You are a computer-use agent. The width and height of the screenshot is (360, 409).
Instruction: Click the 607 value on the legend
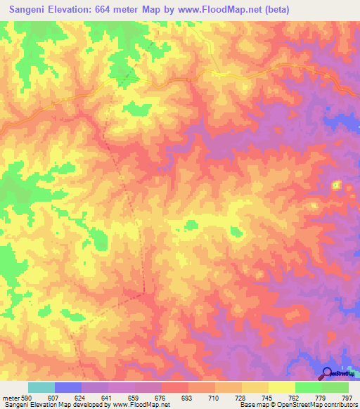click(x=54, y=398)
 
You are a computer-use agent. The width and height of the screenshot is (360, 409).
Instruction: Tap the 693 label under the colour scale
click(x=186, y=398)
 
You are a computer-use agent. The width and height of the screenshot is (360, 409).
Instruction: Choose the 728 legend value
click(x=240, y=398)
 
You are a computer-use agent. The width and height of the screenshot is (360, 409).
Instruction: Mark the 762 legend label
click(x=293, y=398)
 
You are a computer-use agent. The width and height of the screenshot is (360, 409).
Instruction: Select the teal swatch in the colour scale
click(x=41, y=387)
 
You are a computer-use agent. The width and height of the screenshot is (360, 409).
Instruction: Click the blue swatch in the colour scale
click(x=67, y=387)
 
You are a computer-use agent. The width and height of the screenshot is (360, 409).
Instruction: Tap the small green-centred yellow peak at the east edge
click(x=336, y=186)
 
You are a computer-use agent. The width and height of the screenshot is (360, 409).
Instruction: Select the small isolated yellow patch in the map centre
click(x=191, y=225)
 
